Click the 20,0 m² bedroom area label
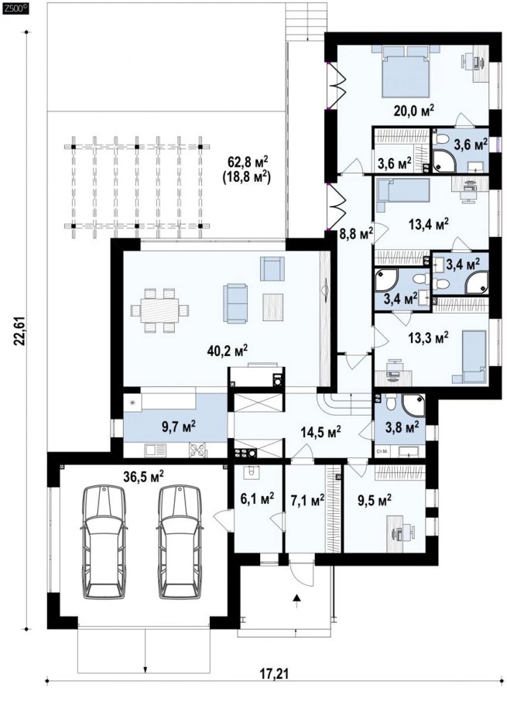pyautogui.click(x=413, y=110)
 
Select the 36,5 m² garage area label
pyautogui.click(x=143, y=476)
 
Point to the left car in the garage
pyautogui.click(x=104, y=542)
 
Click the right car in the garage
pyautogui.click(x=180, y=542)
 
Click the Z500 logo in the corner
pyautogui.click(x=15, y=8)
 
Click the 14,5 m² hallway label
pyautogui.click(x=321, y=431)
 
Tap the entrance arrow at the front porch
pyautogui.click(x=297, y=598)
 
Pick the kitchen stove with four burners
pyautogui.click(x=197, y=450)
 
